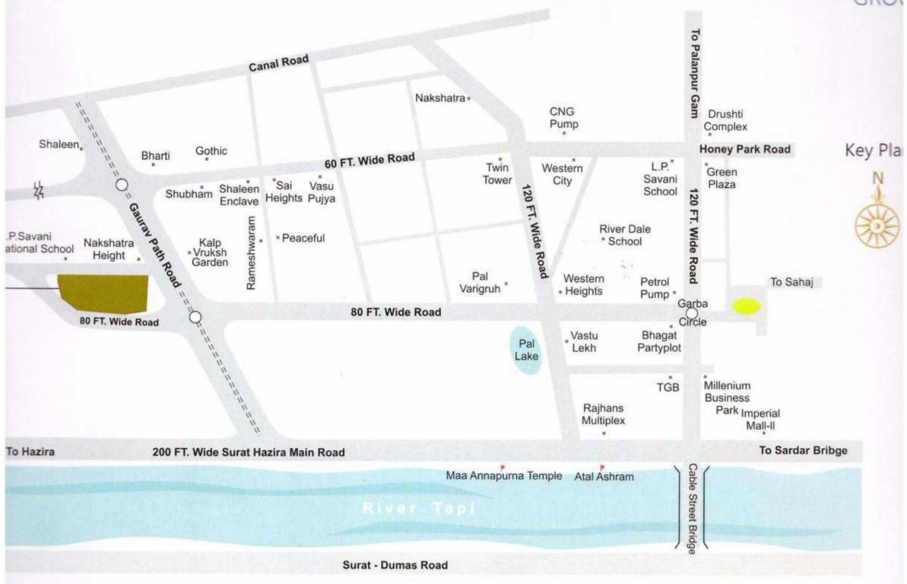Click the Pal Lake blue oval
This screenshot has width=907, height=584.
526,351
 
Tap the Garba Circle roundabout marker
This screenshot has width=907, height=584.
691,313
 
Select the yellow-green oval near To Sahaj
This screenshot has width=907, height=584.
746,306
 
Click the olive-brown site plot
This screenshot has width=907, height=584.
103,293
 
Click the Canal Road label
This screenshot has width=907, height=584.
278,65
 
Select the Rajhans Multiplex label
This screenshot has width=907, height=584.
604,414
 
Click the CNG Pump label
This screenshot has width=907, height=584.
563,118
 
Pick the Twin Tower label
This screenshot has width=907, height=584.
497,174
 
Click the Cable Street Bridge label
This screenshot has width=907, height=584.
692,509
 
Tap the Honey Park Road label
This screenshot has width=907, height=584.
745,149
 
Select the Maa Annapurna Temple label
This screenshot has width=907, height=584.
504,476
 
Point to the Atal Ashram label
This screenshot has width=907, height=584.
604,477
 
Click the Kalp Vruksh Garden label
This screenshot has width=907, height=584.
210,252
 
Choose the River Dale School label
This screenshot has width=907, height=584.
625,235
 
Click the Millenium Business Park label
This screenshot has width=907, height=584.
727,398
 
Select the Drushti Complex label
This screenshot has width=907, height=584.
727,120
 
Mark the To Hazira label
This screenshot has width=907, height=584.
30,451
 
